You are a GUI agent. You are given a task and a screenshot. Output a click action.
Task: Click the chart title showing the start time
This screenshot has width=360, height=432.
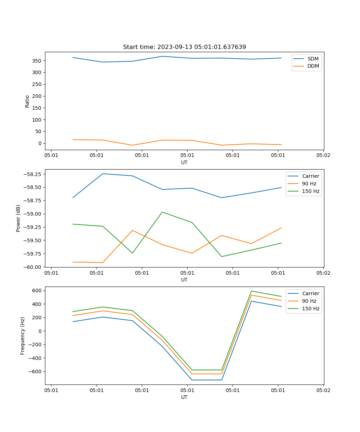tap(184, 47)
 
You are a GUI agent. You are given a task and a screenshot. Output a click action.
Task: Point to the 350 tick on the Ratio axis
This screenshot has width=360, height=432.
tap(38, 61)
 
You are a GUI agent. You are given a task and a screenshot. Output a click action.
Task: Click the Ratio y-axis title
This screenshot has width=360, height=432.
tap(27, 101)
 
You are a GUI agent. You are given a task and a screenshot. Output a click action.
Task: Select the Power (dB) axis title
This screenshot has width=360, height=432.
tap(18, 218)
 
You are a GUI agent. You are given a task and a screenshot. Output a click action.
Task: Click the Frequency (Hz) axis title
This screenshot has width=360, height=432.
tap(23, 336)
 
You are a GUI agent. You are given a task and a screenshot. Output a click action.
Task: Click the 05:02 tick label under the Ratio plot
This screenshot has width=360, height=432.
tap(323, 156)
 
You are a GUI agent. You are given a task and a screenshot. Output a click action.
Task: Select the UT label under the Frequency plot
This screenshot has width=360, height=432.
tap(184, 397)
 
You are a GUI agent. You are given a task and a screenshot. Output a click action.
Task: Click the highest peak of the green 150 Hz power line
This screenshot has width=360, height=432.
tap(162, 212)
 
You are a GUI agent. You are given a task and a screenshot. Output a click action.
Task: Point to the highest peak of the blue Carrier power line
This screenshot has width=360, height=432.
tap(103, 174)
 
